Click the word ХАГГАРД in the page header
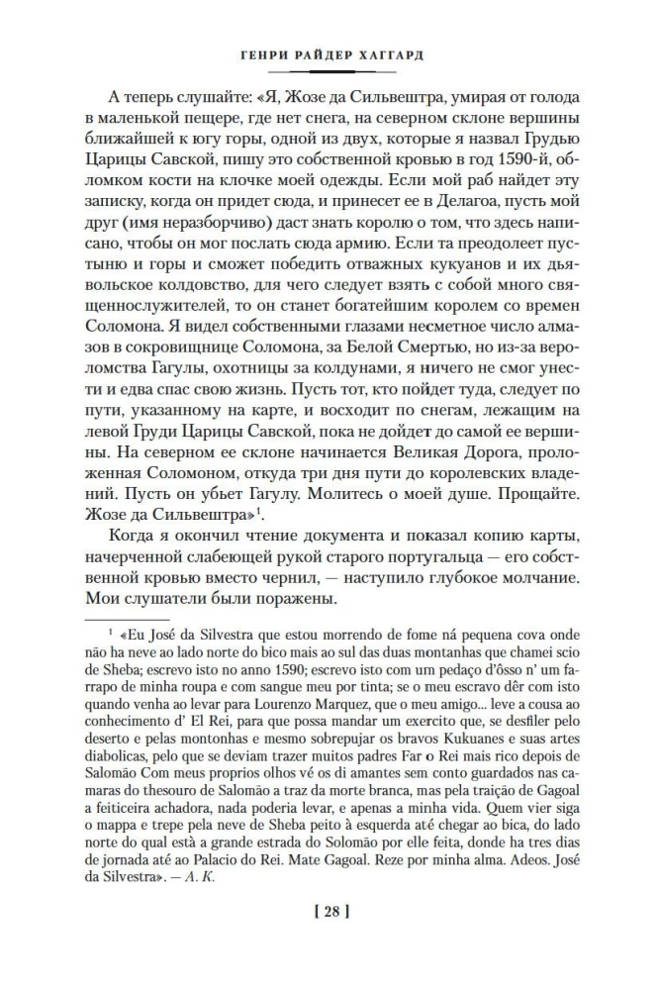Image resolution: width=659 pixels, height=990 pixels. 387,55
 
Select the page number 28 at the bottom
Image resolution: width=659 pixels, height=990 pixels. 329,939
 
